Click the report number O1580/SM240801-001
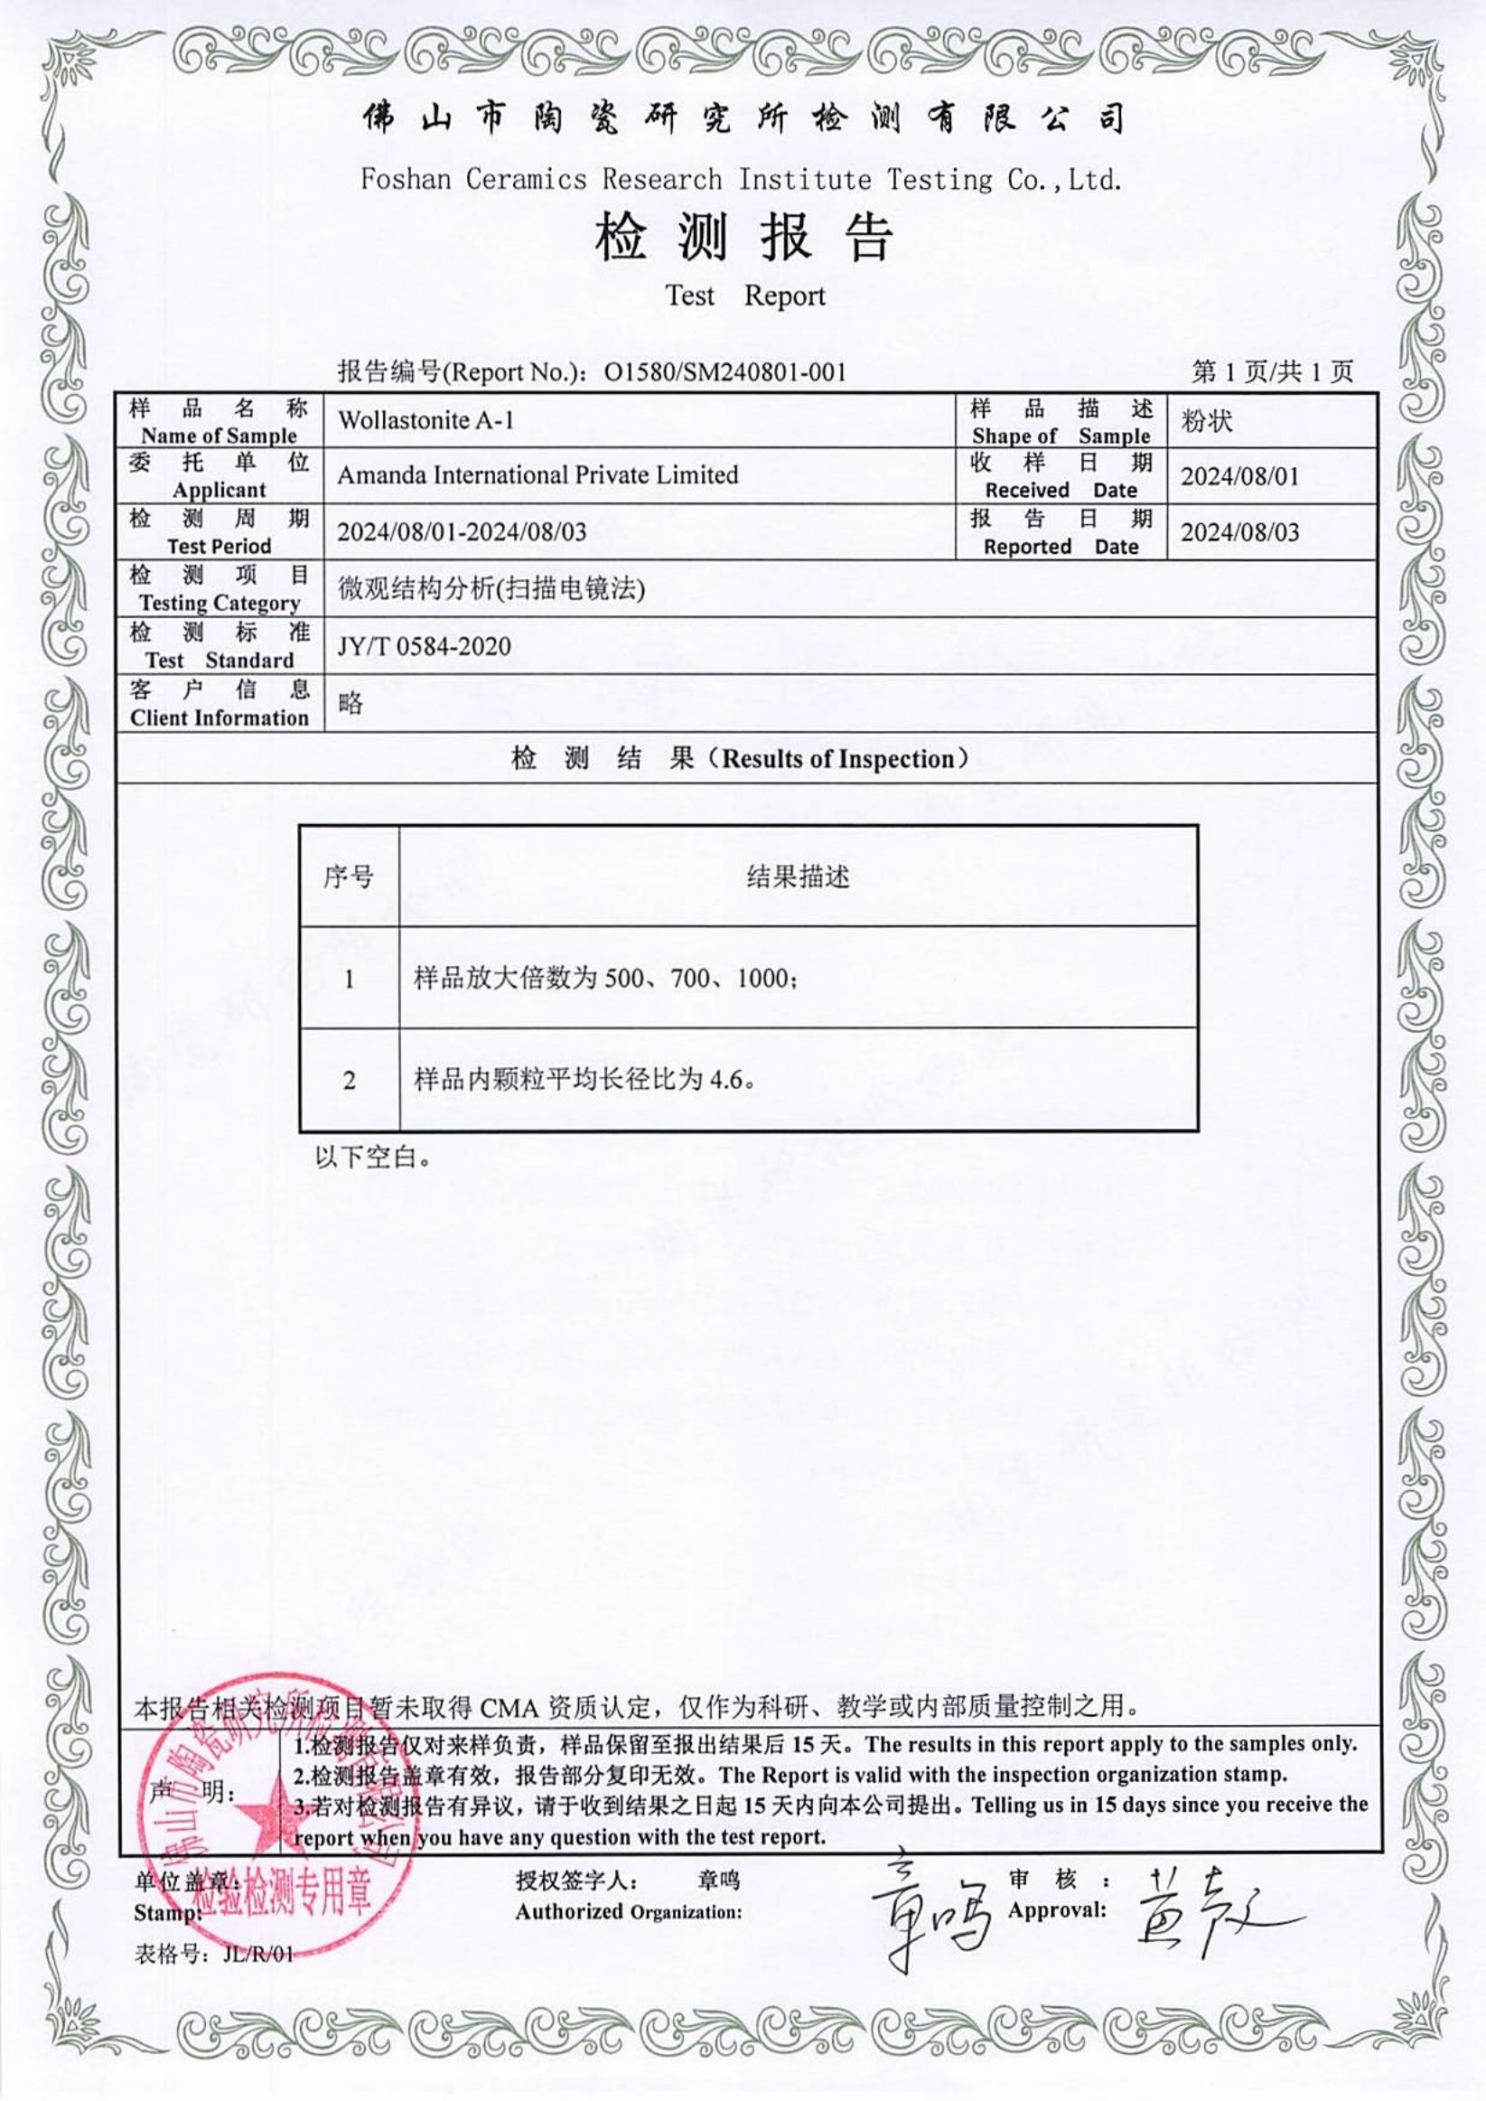pos(724,371)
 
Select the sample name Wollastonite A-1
pos(425,420)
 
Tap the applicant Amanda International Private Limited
pos(537,475)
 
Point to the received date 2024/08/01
pos(1239,476)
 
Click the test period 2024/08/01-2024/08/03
pos(462,531)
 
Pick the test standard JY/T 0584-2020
pos(424,646)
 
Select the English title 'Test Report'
pos(745,295)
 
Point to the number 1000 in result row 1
pos(762,979)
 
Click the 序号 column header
pos(349,877)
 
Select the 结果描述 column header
pos(798,877)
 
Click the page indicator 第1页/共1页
pos(1272,371)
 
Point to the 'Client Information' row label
pos(220,718)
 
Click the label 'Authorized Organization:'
pos(628,1911)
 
